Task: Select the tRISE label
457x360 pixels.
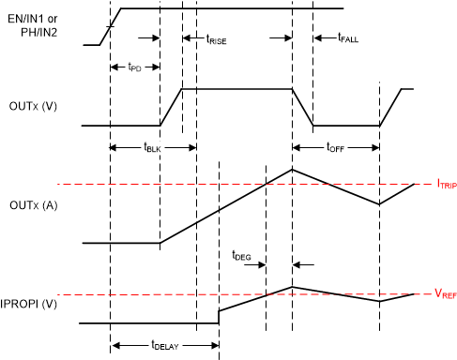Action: (221, 39)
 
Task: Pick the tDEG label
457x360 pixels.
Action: (242, 254)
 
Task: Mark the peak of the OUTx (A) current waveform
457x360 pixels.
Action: (293, 169)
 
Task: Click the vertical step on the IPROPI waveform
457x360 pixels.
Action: (220, 317)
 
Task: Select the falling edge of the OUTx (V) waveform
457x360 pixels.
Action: (303, 107)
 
